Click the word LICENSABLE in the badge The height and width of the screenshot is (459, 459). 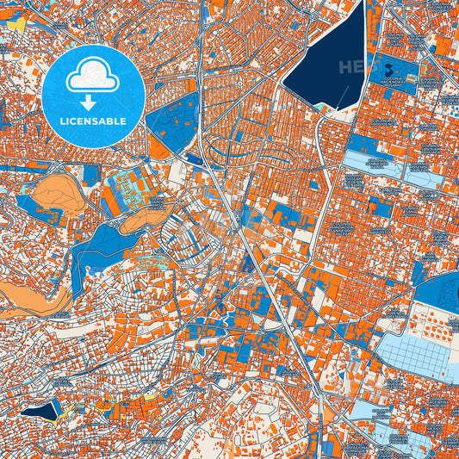pos(93,121)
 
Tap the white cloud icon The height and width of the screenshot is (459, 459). pos(92,75)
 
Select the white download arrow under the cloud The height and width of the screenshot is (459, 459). pos(92,96)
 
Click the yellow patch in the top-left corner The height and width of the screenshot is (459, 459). pos(15,27)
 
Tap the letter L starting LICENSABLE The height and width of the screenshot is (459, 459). pos(63,121)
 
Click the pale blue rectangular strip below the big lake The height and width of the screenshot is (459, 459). pos(375,164)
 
